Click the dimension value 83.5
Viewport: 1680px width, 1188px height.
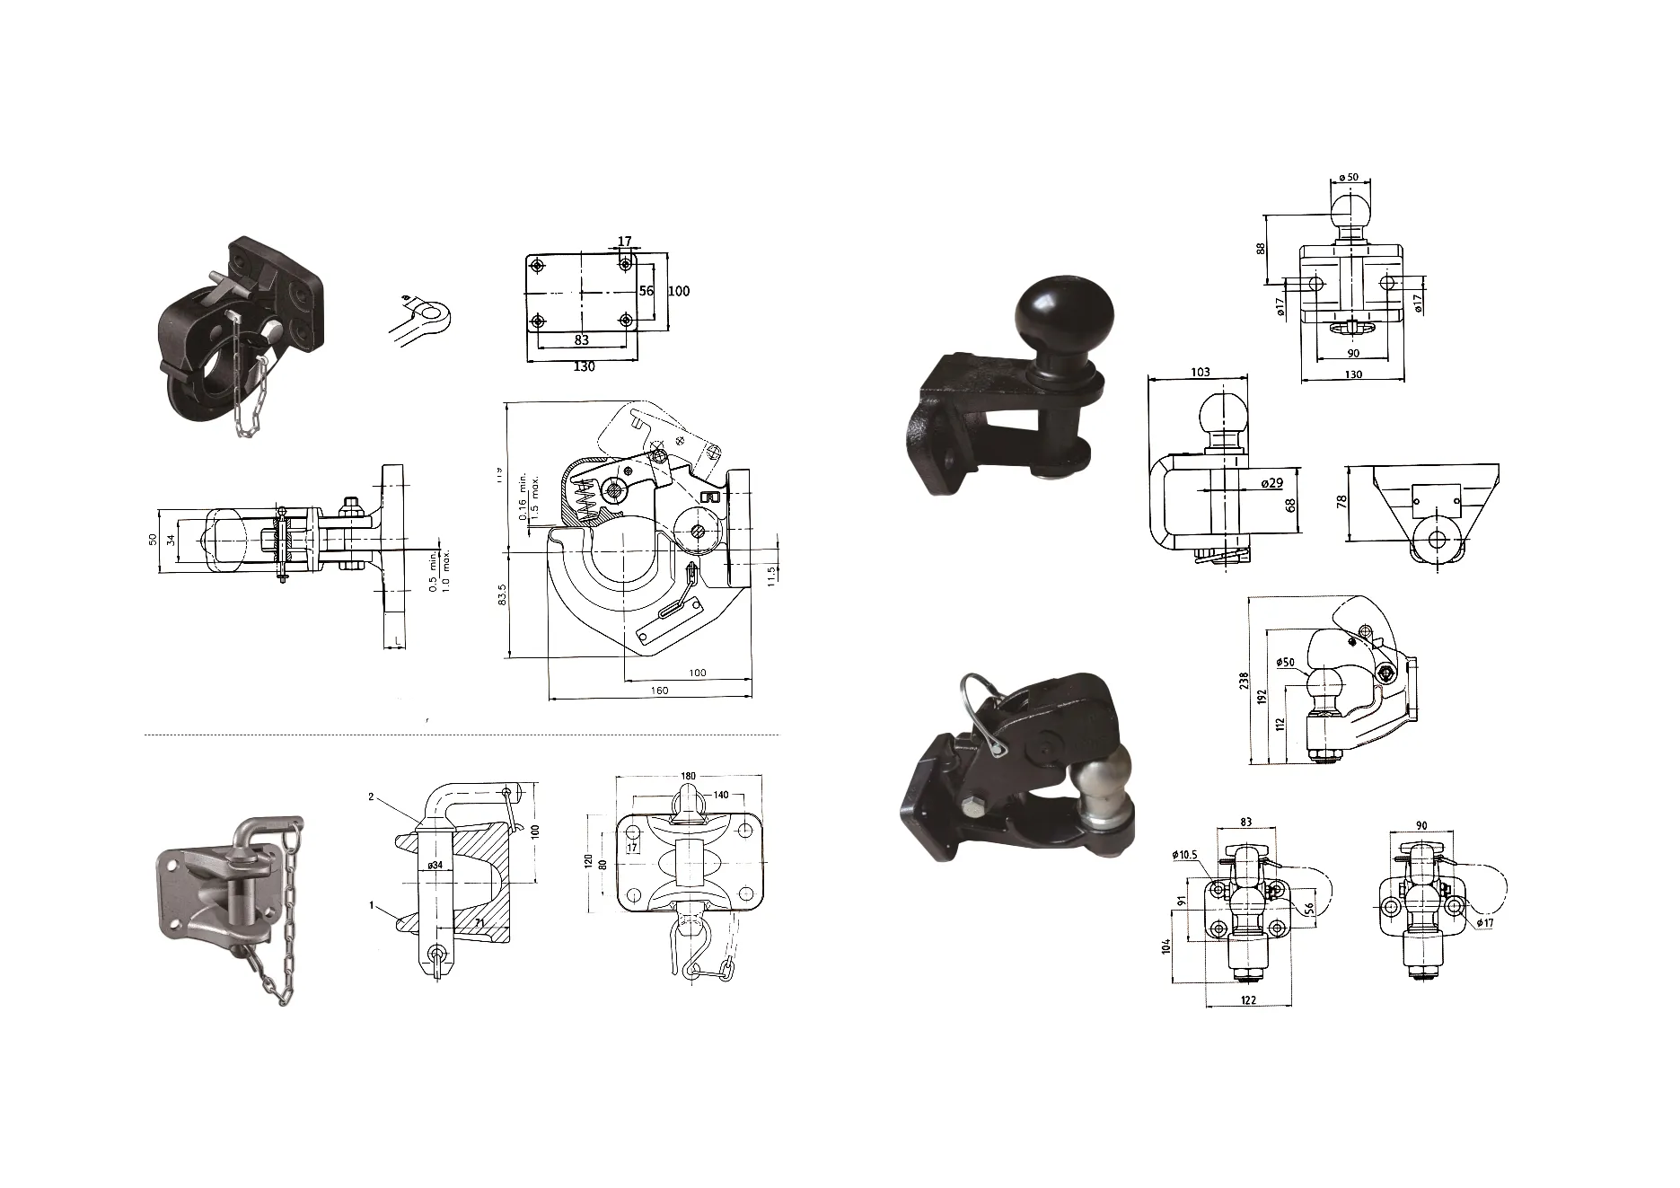click(x=503, y=594)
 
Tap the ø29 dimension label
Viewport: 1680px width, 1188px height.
click(x=1271, y=483)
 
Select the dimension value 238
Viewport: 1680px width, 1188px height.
click(x=1244, y=681)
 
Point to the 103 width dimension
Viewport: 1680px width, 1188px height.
click(x=1200, y=372)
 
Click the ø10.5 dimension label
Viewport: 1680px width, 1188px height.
click(x=1184, y=854)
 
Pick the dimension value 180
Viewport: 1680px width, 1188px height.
click(x=688, y=776)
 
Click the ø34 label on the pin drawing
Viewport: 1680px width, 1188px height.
click(x=435, y=865)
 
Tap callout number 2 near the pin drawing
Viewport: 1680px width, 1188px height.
click(x=371, y=796)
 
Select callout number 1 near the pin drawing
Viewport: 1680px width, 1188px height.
click(x=371, y=905)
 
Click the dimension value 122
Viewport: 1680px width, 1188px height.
click(x=1247, y=1000)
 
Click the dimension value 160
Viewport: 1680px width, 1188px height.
click(x=659, y=691)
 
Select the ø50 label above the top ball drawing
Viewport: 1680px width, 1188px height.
click(x=1350, y=177)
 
